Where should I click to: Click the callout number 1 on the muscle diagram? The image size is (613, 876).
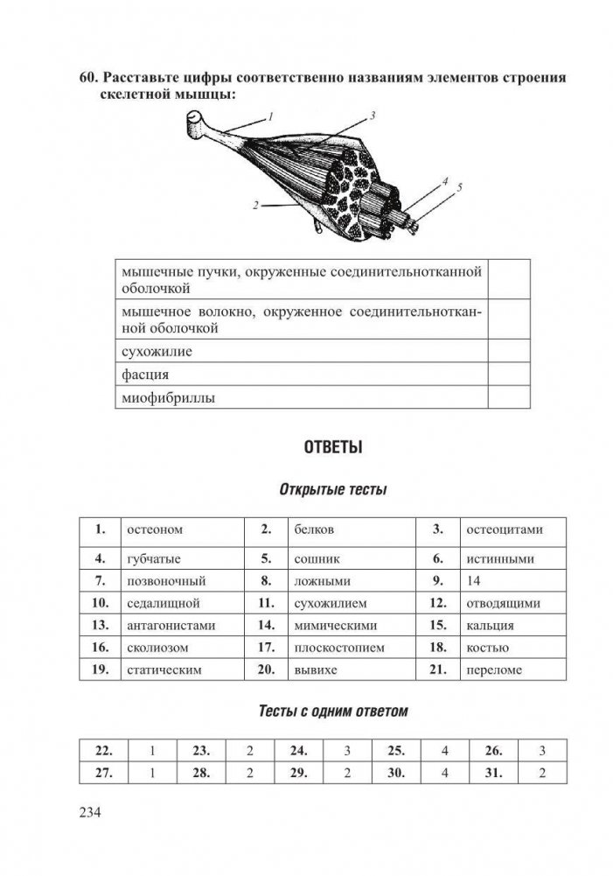[271, 116]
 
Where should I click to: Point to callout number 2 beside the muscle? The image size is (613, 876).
[254, 207]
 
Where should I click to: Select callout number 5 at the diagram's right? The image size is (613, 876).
[458, 187]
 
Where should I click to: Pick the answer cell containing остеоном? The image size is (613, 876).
[155, 529]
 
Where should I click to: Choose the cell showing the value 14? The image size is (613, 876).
[475, 580]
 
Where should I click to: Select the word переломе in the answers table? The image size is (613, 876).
[495, 670]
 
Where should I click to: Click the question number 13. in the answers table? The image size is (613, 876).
[100, 625]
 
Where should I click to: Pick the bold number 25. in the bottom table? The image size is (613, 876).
[396, 750]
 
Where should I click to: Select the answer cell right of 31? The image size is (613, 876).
[542, 773]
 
